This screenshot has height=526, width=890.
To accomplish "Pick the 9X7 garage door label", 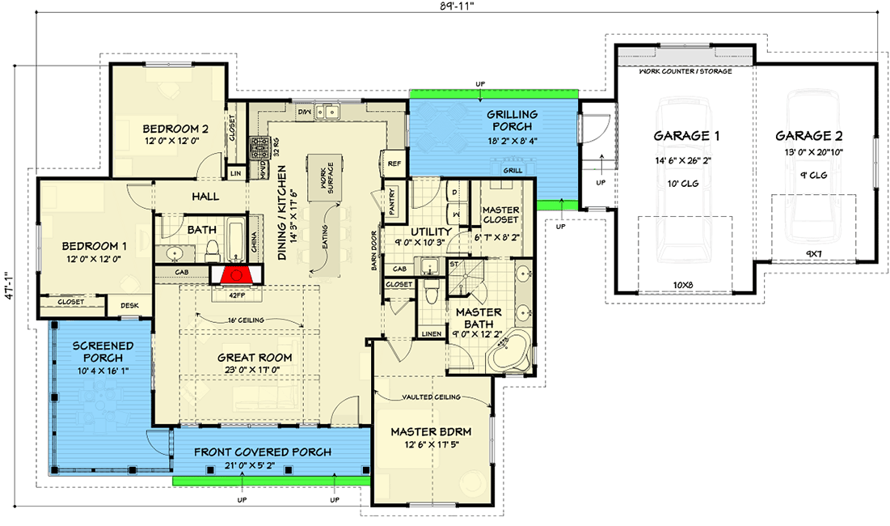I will point(814,254).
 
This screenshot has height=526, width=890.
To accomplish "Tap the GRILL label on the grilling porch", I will point(512,172).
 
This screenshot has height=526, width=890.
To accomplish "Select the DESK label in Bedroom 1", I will point(129,305).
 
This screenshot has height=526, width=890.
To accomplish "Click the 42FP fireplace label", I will point(234,295).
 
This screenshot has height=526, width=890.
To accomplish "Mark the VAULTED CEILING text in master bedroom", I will point(431,397).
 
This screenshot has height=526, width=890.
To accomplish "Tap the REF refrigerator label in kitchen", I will point(394,163).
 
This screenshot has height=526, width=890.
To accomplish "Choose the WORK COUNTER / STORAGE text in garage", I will point(685,71).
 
